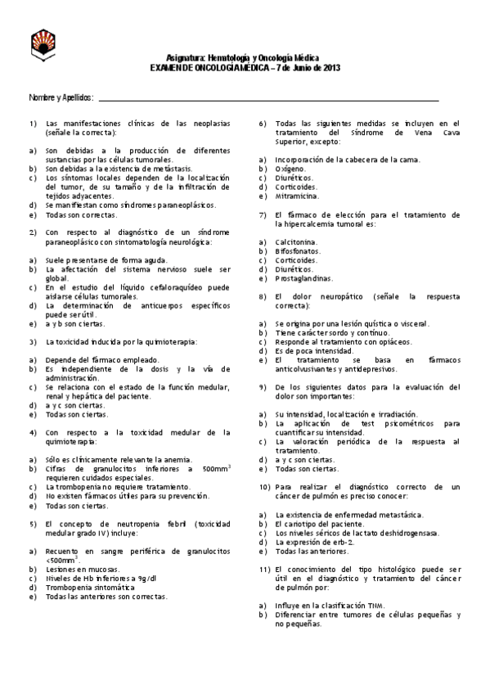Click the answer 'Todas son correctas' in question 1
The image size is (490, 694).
pos(81,214)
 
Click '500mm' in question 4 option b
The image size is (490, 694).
pos(214,469)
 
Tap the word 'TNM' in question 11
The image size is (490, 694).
pos(374,605)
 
